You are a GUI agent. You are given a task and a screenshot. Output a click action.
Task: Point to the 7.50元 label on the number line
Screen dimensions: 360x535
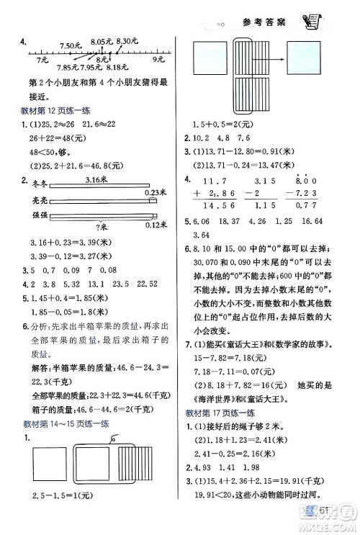(72, 46)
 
